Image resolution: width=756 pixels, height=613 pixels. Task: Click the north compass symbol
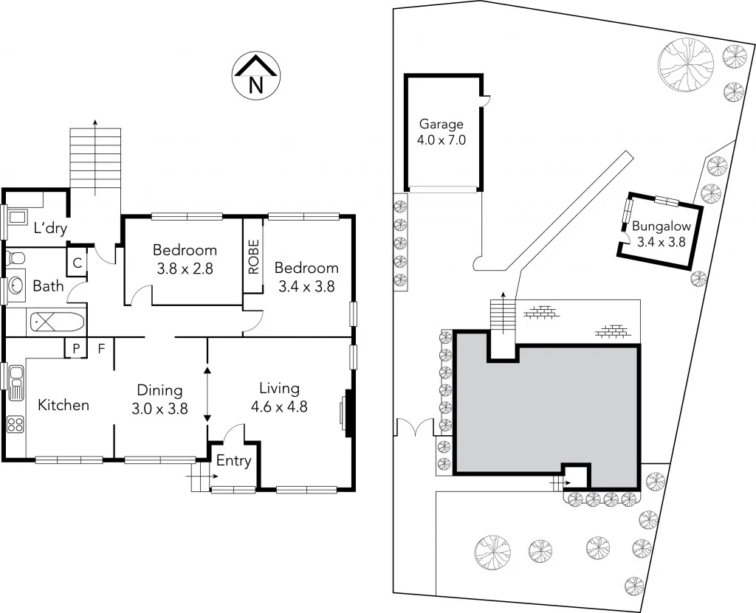255,77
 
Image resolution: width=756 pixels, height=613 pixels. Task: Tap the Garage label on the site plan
441,125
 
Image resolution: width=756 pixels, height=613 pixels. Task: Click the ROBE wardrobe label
253,257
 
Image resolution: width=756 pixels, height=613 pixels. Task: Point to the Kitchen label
63,405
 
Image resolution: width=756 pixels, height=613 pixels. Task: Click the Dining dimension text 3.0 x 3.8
159,406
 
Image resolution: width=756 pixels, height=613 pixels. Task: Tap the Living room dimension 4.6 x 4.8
279,405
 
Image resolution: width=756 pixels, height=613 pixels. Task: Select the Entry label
233,461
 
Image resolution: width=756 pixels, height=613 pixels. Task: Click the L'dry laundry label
49,228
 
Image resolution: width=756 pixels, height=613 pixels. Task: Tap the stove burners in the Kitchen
15,424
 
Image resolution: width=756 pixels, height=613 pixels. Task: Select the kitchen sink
15,382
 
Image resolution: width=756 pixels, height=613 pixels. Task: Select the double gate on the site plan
416,429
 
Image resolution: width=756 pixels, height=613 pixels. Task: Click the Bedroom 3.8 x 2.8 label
185,259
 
